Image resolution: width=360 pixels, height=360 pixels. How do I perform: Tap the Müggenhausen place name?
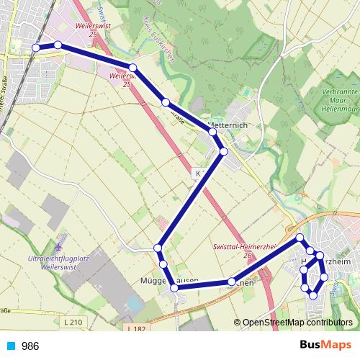[168, 280]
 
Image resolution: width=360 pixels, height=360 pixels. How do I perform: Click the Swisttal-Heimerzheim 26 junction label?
[246, 249]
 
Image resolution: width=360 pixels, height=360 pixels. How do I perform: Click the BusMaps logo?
[327, 346]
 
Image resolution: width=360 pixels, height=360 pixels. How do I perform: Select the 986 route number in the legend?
[31, 346]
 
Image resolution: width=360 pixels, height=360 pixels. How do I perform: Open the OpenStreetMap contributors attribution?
[297, 323]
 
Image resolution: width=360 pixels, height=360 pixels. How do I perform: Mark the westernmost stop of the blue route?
[36, 48]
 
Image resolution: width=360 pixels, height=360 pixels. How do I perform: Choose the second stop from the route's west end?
[58, 45]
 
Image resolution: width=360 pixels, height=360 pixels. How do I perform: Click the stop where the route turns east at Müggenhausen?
[174, 288]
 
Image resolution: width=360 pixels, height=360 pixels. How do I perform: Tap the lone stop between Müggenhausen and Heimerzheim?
[231, 282]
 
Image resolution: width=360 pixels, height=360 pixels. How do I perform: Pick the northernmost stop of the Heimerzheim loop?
[300, 237]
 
